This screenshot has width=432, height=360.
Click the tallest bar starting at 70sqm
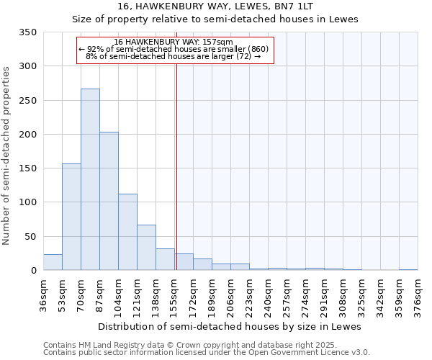coord(90,179)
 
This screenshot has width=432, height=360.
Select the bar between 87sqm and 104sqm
coord(109,202)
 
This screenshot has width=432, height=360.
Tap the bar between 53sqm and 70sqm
coord(71,217)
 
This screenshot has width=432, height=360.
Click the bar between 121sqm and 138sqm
coord(146,248)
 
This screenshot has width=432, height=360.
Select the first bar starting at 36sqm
coord(53,262)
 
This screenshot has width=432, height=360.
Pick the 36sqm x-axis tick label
coord(44,293)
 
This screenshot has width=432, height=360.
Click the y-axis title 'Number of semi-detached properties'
coord(7,155)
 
